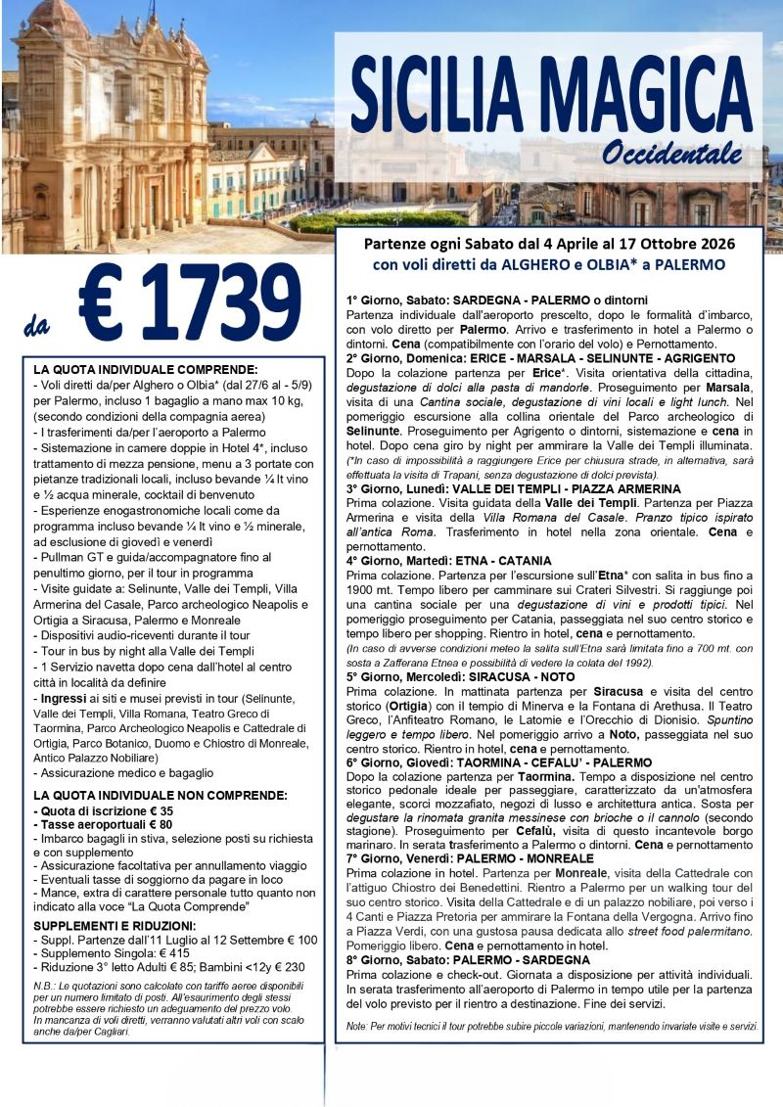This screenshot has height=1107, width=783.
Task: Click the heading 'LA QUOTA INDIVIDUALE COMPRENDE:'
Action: coord(145,370)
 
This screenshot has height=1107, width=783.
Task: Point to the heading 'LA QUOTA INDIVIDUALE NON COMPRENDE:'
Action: coord(161,795)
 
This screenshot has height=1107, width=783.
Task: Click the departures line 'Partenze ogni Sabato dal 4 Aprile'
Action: coord(548,242)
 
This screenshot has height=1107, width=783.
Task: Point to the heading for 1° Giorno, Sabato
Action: coord(497,299)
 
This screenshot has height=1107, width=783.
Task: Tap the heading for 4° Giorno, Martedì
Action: coord(463,561)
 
